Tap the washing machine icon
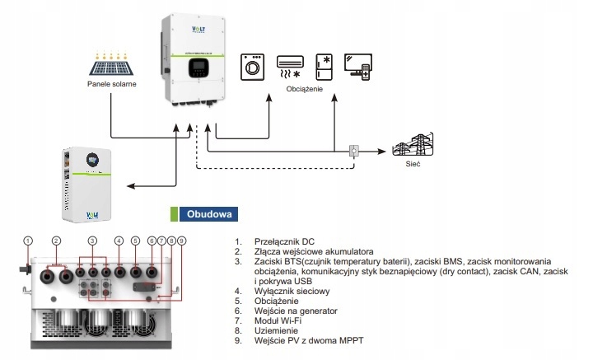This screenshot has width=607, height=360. tap(252, 66)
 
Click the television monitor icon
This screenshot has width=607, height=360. tap(359, 67)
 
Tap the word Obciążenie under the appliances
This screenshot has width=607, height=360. tap(305, 88)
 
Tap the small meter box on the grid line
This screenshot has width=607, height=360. tap(354, 151)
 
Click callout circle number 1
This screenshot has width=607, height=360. tap(28, 241)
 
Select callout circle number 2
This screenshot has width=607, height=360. tap(56, 241)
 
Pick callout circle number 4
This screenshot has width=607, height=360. tap(119, 241)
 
